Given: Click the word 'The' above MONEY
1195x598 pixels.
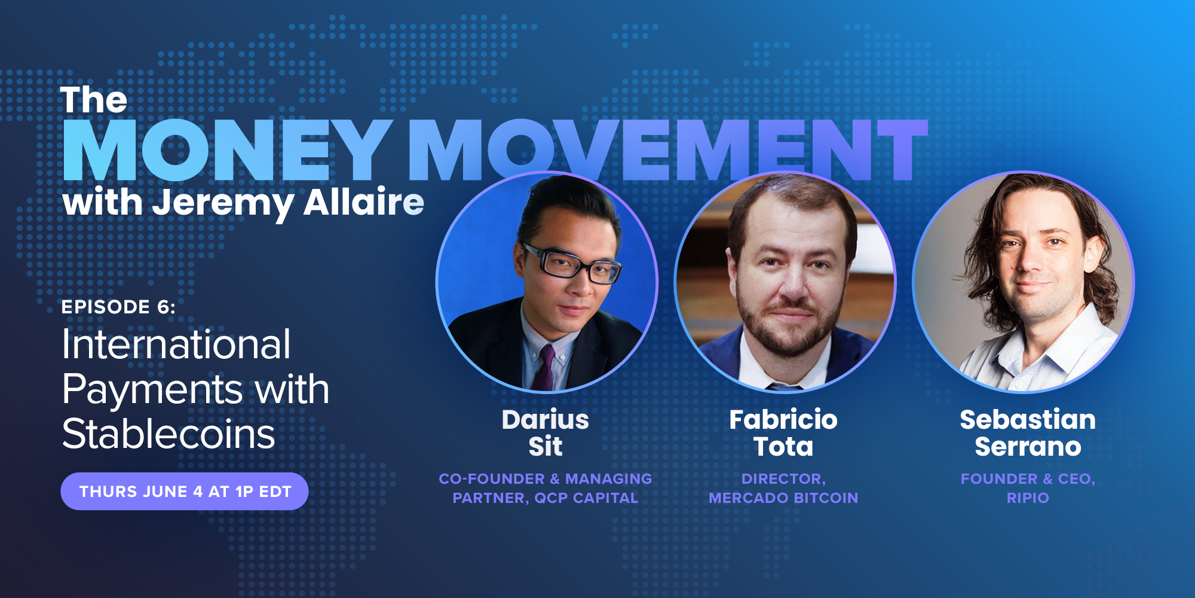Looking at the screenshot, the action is click(94, 100).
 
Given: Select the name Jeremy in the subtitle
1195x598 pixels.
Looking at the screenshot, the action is click(223, 203).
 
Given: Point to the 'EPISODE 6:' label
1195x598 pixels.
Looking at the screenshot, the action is click(118, 307).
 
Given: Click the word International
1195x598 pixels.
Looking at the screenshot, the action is click(176, 345).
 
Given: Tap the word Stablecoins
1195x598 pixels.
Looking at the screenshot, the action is click(168, 434).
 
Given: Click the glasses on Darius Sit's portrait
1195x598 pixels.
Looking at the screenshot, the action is click(571, 263).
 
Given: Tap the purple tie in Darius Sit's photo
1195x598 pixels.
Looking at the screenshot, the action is click(546, 368).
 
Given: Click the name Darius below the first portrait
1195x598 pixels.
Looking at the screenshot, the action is click(546, 420).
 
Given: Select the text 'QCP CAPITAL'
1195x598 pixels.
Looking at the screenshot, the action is click(586, 498).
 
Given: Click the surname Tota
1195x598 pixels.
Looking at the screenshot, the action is click(783, 447).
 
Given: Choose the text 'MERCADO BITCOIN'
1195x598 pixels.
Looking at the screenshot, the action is click(783, 498).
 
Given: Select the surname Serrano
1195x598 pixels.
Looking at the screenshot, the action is click(1028, 447).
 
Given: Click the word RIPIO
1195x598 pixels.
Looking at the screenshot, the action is click(1028, 498).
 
